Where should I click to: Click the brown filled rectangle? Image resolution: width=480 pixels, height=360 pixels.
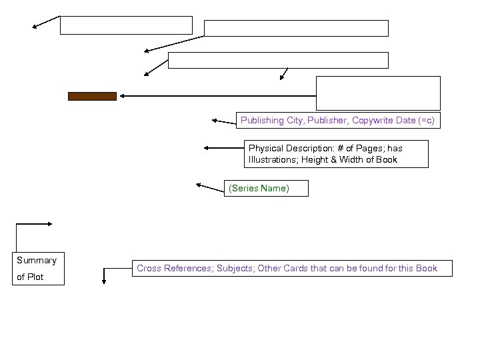pos(92,96)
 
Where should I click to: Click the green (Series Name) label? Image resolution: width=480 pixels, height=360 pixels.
pos(259,189)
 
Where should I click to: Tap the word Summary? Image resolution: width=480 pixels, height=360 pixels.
pos(37,260)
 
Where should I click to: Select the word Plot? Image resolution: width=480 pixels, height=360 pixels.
pos(35,277)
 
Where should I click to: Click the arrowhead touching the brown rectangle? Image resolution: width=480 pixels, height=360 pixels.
pos(123,96)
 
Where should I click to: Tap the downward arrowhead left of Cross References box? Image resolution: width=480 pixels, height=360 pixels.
pos(104,282)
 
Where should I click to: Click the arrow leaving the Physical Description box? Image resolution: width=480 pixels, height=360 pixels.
pos(223,147)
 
